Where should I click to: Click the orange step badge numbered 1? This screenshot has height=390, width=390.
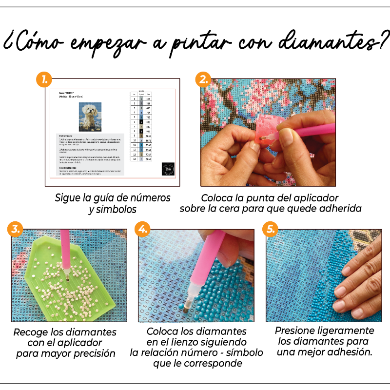(x=45, y=79)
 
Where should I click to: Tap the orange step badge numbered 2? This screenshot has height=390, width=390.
(x=202, y=79)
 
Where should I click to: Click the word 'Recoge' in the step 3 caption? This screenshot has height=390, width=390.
(x=30, y=332)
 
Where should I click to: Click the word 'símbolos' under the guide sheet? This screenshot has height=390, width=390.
(x=117, y=210)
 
